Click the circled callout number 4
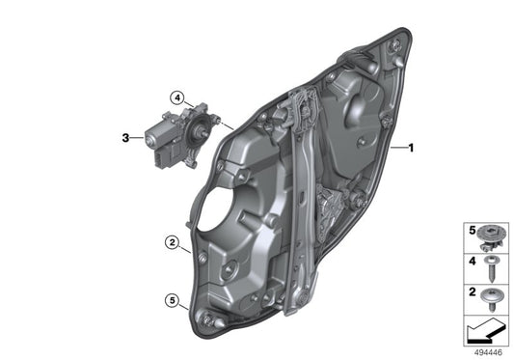point(177,97)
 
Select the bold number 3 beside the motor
point(125,139)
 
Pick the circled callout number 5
point(171,301)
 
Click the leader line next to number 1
point(400,148)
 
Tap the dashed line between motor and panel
point(224,124)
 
